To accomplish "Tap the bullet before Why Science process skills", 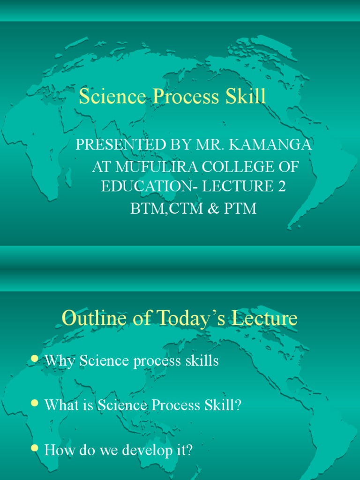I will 34,359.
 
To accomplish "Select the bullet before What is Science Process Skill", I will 34,404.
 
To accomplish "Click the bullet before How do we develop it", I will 34,449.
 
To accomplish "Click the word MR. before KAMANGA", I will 209,145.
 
